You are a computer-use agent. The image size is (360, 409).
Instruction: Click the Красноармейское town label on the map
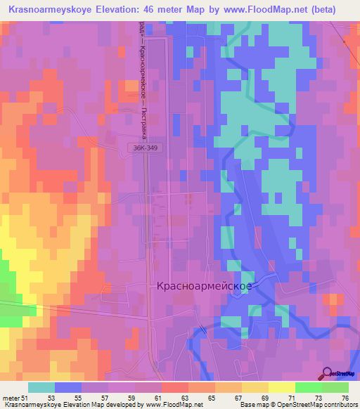(x=205, y=287)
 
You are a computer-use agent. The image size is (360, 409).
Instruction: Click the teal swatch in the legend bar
(x=41, y=387)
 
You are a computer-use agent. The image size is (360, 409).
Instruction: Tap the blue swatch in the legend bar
(x=68, y=387)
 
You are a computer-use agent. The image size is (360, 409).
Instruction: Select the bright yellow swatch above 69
(x=281, y=387)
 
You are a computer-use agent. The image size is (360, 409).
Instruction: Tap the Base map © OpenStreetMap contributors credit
(x=298, y=405)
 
